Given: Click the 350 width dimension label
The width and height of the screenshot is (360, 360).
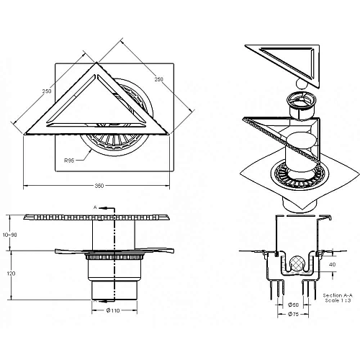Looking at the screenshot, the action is [x=99, y=186].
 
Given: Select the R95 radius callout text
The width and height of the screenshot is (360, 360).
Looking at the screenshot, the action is [x=69, y=161].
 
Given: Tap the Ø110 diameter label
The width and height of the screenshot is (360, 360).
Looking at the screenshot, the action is [x=113, y=310].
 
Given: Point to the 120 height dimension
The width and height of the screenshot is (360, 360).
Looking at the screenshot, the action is [x=11, y=274].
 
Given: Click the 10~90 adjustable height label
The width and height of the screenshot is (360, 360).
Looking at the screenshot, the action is [x=10, y=235].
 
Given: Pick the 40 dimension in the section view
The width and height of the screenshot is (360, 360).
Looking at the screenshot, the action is [x=333, y=264].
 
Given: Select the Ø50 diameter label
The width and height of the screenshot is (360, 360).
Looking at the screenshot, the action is [x=293, y=305].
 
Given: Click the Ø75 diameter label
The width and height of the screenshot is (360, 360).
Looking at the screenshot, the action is [x=293, y=314].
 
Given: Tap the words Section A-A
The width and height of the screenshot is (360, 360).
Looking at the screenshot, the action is [x=338, y=295].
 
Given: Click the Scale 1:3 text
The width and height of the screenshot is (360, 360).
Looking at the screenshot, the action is [x=338, y=300].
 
